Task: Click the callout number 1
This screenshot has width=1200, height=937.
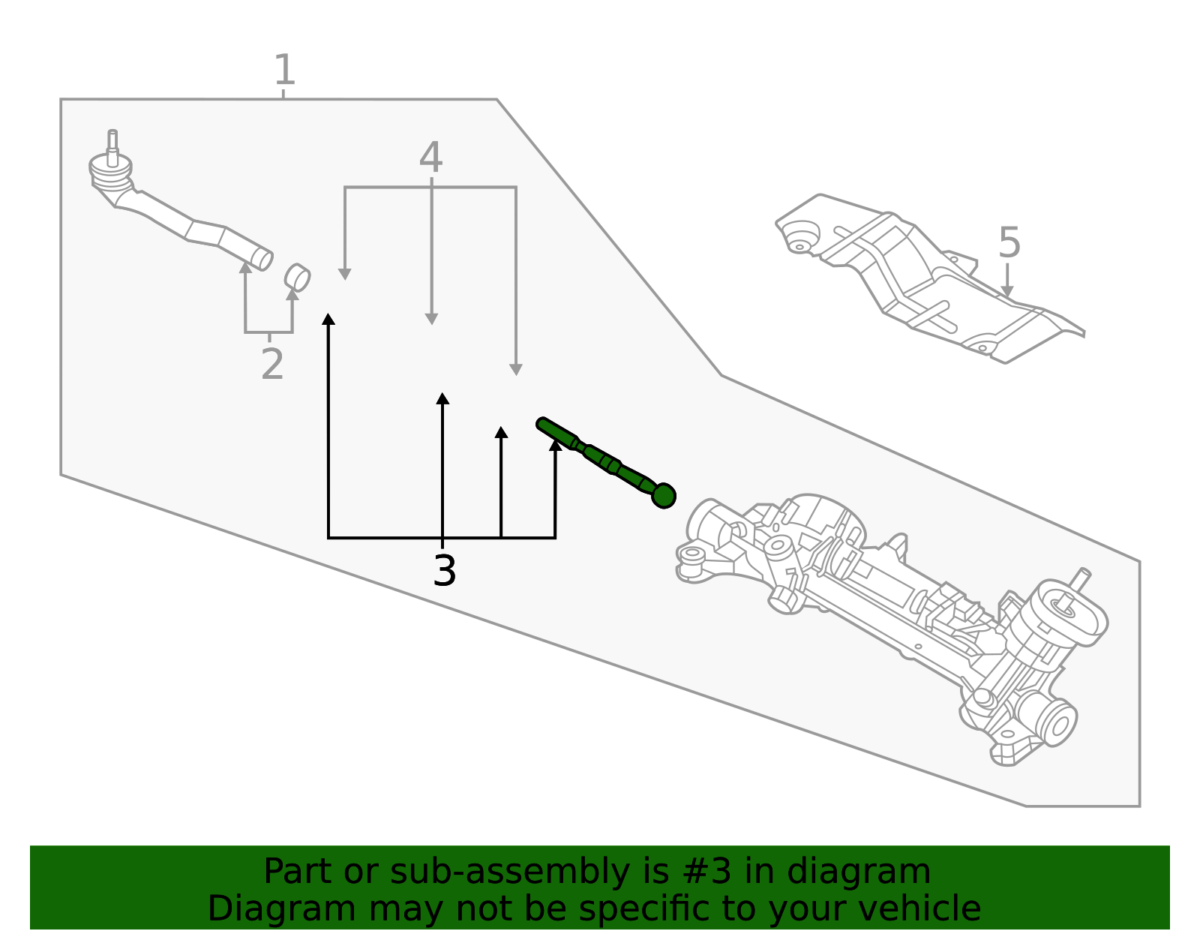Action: click(284, 71)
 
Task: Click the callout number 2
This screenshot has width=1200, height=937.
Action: click(272, 365)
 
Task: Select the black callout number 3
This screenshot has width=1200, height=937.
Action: click(445, 572)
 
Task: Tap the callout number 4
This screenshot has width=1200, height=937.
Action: click(430, 158)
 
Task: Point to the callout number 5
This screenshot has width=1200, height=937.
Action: click(1009, 244)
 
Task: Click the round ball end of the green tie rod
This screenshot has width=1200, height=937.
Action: click(664, 496)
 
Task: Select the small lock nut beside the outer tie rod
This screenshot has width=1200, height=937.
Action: click(298, 278)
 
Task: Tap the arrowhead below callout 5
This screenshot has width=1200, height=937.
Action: click(1007, 290)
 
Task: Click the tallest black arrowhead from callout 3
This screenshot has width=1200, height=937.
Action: click(328, 320)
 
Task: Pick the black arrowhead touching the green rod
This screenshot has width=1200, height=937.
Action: click(555, 445)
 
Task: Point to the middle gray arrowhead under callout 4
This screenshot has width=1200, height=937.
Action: click(431, 319)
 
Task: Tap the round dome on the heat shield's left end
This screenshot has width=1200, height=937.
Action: click(801, 235)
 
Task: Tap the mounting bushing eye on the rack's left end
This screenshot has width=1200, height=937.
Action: click(692, 556)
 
